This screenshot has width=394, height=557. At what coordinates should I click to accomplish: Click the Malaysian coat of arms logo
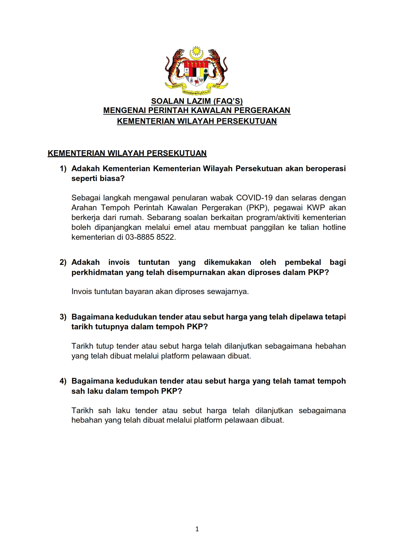(x=197, y=71)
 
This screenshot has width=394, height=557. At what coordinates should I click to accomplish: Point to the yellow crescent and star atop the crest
(x=197, y=53)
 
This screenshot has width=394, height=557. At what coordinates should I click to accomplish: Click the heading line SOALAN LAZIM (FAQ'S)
(x=197, y=101)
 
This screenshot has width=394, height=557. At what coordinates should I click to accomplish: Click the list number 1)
(x=63, y=169)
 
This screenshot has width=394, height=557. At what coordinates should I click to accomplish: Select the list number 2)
(x=63, y=262)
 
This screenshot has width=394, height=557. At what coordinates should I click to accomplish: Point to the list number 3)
(x=63, y=317)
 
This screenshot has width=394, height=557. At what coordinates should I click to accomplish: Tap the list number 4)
(x=63, y=381)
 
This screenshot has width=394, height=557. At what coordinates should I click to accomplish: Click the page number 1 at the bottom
(x=197, y=529)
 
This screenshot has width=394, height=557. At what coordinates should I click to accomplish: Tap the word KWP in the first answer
(x=316, y=208)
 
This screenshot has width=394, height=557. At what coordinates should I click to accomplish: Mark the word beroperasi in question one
(x=326, y=169)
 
